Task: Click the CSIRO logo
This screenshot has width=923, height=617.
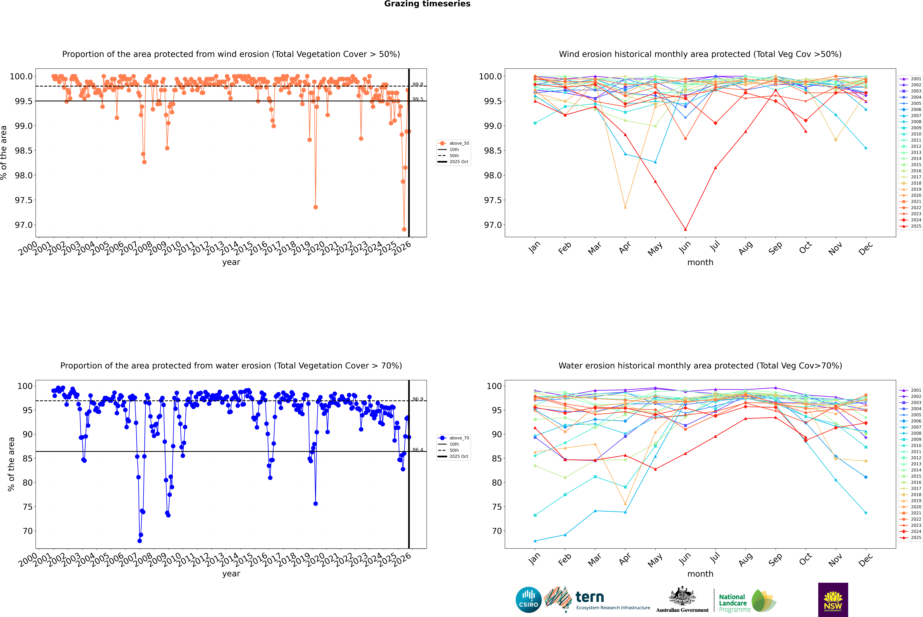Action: [528, 600]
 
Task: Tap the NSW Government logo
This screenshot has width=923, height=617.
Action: [833, 600]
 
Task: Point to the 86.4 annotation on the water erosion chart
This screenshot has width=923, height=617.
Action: [417, 450]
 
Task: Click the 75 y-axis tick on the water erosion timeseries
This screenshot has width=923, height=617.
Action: [28, 507]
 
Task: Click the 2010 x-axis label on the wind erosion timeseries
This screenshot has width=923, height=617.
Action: [172, 249]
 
